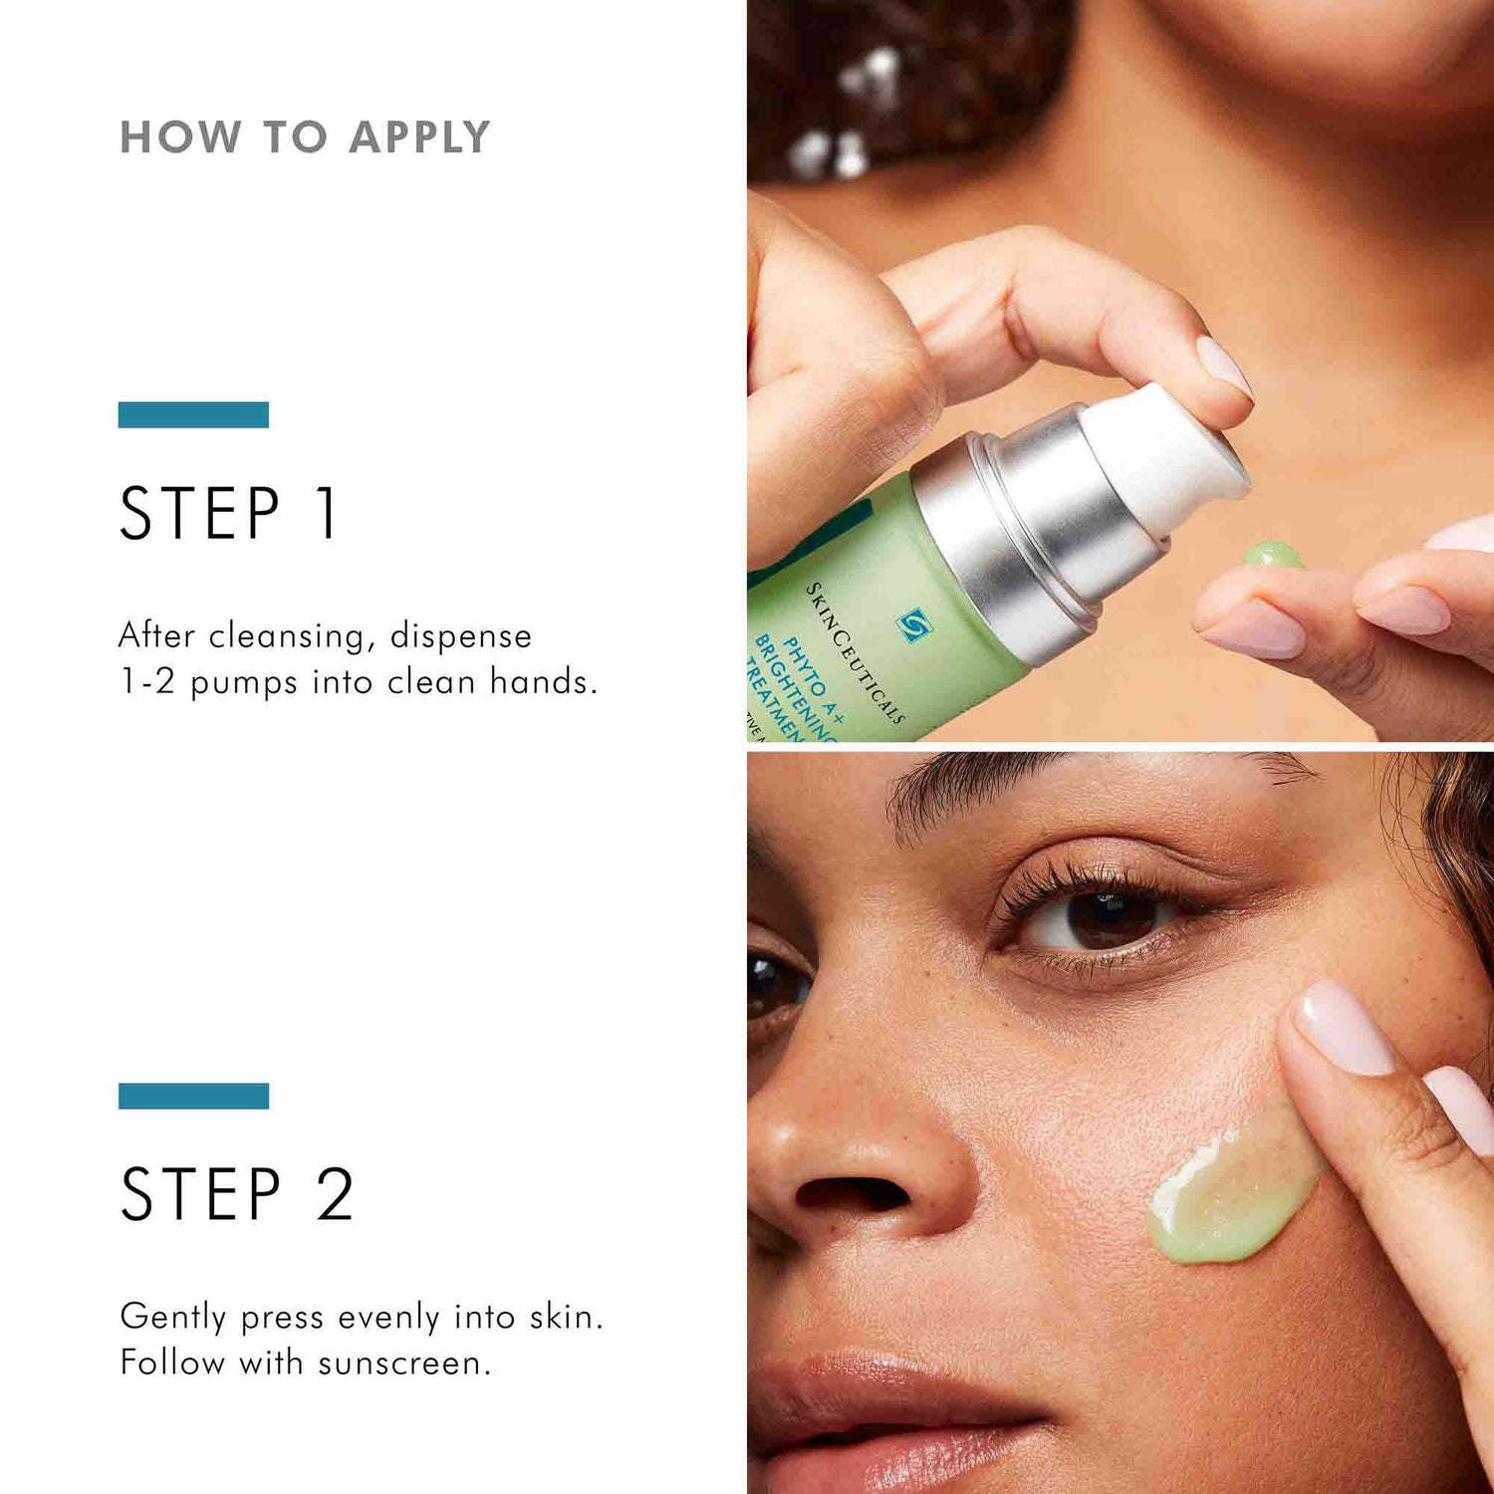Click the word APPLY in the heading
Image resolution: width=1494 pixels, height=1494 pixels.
(x=419, y=137)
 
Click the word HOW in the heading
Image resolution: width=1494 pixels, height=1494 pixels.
(x=180, y=137)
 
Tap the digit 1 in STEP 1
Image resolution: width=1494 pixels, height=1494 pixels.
(x=327, y=513)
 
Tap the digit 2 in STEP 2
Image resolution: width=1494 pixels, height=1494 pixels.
(x=335, y=1194)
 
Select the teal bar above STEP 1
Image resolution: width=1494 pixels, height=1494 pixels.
(x=193, y=414)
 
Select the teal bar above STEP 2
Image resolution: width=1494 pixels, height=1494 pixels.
(x=193, y=1096)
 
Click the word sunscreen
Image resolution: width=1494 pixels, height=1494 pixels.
(x=404, y=1363)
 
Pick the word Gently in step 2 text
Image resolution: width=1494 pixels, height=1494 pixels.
(x=173, y=1317)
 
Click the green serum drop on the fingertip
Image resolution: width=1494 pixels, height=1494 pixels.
(x=1272, y=554)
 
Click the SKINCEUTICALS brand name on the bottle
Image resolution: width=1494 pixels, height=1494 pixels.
(x=855, y=652)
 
